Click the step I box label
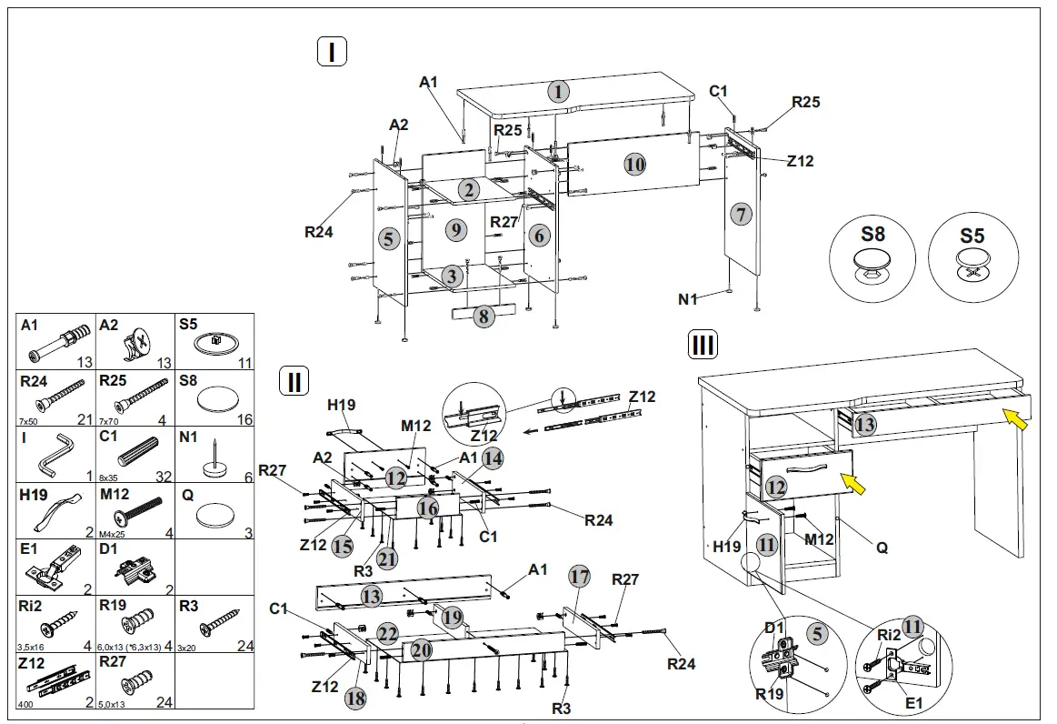332,53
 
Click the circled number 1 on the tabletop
558,91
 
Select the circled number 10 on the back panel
634,164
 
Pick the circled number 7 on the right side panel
741,215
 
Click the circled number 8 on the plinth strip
484,316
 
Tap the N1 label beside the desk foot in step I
689,297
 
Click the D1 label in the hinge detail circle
774,628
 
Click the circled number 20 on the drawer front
422,649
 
